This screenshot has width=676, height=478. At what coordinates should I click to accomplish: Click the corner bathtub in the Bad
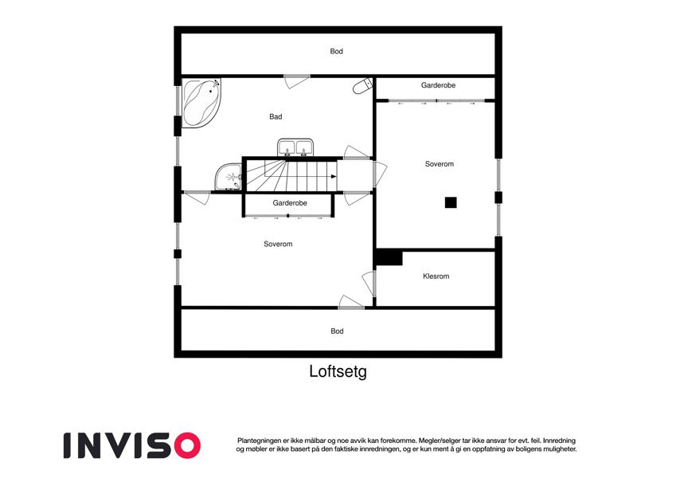point(201,102)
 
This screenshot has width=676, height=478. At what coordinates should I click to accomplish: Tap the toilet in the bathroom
point(362,86)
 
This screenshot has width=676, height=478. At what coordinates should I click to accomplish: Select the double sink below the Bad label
point(295,147)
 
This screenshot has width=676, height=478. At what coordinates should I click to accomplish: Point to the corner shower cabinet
point(228,177)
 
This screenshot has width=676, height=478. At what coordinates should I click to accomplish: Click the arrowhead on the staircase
point(334,176)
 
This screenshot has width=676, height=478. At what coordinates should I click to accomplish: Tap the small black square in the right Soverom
point(451,202)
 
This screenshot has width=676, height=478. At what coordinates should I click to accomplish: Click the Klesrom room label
point(436,276)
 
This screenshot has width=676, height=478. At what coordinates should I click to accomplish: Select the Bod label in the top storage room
point(336,51)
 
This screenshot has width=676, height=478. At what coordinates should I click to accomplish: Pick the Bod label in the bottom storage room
point(337,331)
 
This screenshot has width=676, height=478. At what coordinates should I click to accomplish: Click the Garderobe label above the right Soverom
point(438,85)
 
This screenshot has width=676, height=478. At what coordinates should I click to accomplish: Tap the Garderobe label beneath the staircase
point(290,203)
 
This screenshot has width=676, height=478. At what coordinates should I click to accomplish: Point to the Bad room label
point(275,116)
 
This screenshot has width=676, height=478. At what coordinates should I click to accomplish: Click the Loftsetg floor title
point(338,371)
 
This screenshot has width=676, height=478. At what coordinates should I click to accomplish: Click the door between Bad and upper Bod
point(297,81)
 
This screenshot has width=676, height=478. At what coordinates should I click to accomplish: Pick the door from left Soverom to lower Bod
point(351,302)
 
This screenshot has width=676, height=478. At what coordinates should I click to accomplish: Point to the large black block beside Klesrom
point(389,257)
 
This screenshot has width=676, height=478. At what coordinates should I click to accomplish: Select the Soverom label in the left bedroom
point(278,244)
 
